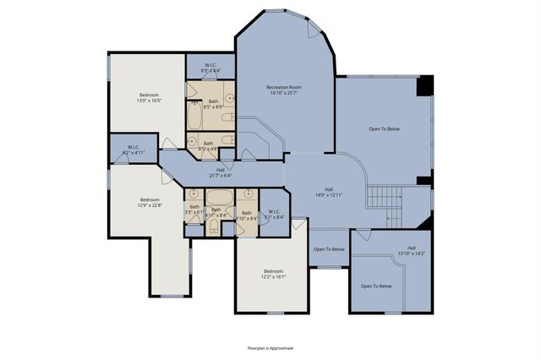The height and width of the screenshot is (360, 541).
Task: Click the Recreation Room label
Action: pos(284,90)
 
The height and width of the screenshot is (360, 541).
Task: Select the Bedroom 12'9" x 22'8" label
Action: pos(150,202)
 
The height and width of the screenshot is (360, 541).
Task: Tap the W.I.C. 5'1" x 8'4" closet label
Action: pos(274,215)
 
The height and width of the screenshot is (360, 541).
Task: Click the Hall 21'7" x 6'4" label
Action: pos(221,173)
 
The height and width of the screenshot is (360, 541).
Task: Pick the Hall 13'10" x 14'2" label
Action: pos(412,251)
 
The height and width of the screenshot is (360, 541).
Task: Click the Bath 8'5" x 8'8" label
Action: pos(213,104)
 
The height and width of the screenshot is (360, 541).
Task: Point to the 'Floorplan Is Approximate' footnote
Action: pos(270,347)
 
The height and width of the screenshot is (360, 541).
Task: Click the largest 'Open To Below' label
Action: pos(384,129)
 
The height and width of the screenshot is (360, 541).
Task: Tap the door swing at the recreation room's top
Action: pos(314,30)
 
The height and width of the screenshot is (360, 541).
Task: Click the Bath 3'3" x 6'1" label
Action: pos(194,210)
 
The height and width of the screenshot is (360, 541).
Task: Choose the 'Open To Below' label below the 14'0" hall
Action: pos(329,249)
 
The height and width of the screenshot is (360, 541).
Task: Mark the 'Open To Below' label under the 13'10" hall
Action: pos(376,286)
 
